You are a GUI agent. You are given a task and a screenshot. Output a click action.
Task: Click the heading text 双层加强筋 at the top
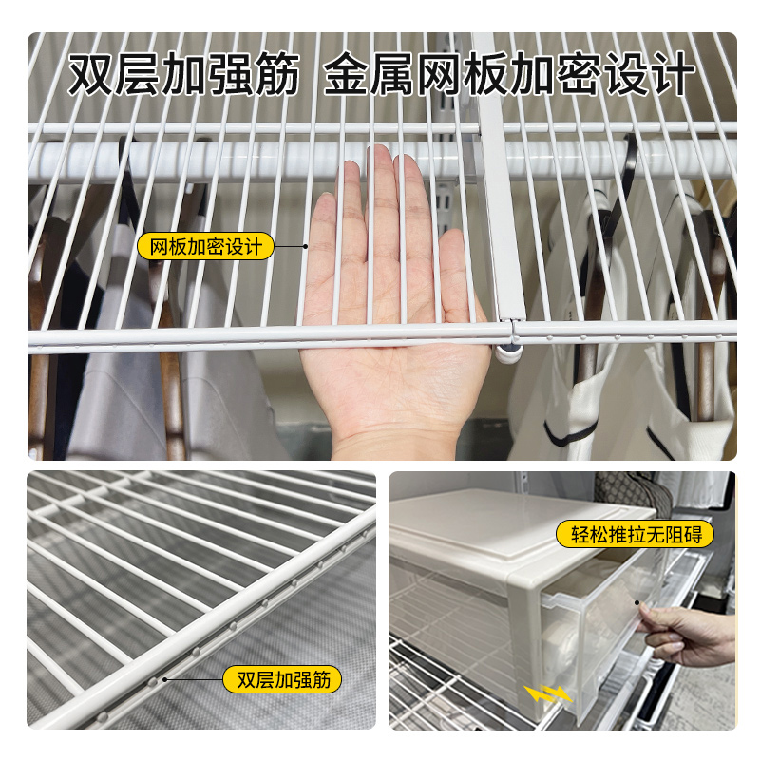183,76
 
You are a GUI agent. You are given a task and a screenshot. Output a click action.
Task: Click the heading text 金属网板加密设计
509,76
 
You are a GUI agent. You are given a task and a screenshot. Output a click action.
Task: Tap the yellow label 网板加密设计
206,247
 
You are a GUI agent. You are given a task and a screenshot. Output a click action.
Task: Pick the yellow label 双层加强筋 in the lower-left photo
282,680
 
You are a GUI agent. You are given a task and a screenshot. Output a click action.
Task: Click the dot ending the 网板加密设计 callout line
306,247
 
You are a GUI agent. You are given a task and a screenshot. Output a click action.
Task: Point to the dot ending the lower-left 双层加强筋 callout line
164,679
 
